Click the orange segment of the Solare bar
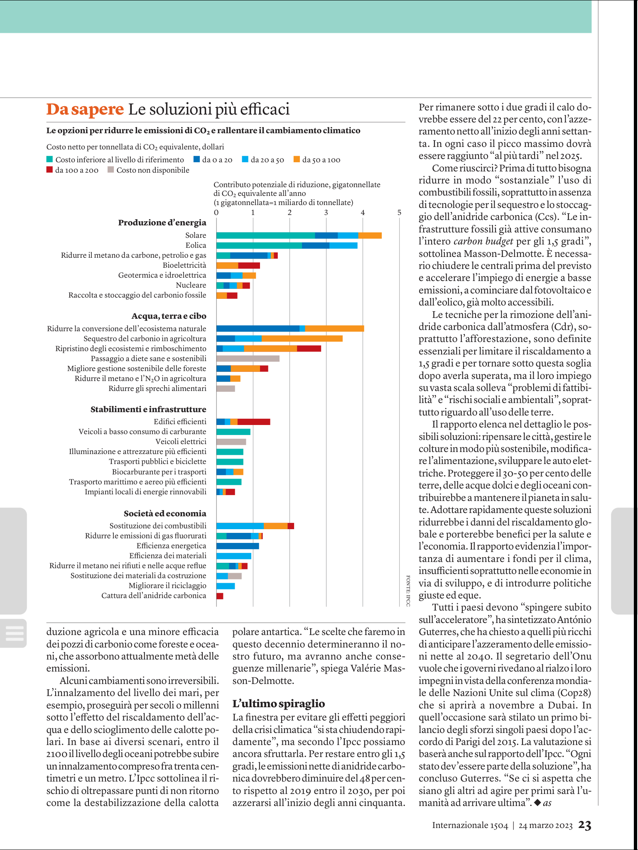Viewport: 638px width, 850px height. coord(370,235)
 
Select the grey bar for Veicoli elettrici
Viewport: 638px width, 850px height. coord(231,442)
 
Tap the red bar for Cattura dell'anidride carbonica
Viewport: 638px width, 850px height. coord(220,596)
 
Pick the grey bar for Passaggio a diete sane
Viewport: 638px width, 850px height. coord(248,359)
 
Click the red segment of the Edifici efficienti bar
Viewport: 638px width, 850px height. coord(254,422)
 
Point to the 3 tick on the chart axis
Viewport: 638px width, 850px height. coord(326,212)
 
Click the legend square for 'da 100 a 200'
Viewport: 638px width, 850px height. coord(49,170)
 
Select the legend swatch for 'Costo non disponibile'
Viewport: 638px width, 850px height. coord(110,170)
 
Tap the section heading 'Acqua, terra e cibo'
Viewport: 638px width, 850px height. coord(169,316)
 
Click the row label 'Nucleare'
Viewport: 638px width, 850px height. coord(191,285)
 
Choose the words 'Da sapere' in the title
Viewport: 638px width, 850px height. coord(85,109)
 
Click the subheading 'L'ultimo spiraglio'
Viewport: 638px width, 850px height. coord(279,703)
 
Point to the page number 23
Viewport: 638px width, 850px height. coord(585,825)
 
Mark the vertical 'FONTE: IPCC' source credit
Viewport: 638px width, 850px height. coord(408,591)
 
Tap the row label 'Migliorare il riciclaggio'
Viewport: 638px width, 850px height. coord(167,586)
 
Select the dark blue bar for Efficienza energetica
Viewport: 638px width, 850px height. coord(238,546)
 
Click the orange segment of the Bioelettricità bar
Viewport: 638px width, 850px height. coord(227,266)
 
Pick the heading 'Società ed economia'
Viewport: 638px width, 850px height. coord(165,513)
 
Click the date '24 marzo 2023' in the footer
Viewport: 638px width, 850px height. coord(545,826)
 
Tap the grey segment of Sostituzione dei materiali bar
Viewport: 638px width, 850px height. coord(235,576)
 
